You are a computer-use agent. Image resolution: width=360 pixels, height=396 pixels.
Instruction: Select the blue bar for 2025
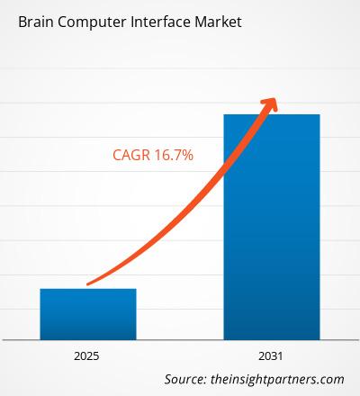(88, 314)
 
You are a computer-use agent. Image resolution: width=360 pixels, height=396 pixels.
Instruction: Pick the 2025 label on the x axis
(88, 355)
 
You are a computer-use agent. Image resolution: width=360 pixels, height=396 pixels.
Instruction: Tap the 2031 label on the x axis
(271, 355)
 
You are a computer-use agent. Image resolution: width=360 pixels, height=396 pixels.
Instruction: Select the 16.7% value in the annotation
(174, 156)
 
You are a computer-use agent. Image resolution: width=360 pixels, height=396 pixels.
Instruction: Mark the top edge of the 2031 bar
(271, 114)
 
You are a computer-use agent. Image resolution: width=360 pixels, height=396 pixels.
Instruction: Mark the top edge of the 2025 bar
(88, 289)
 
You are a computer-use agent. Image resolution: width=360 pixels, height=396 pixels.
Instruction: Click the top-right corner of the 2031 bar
(319, 114)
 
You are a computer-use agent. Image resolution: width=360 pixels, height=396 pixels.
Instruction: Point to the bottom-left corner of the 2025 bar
(40, 339)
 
